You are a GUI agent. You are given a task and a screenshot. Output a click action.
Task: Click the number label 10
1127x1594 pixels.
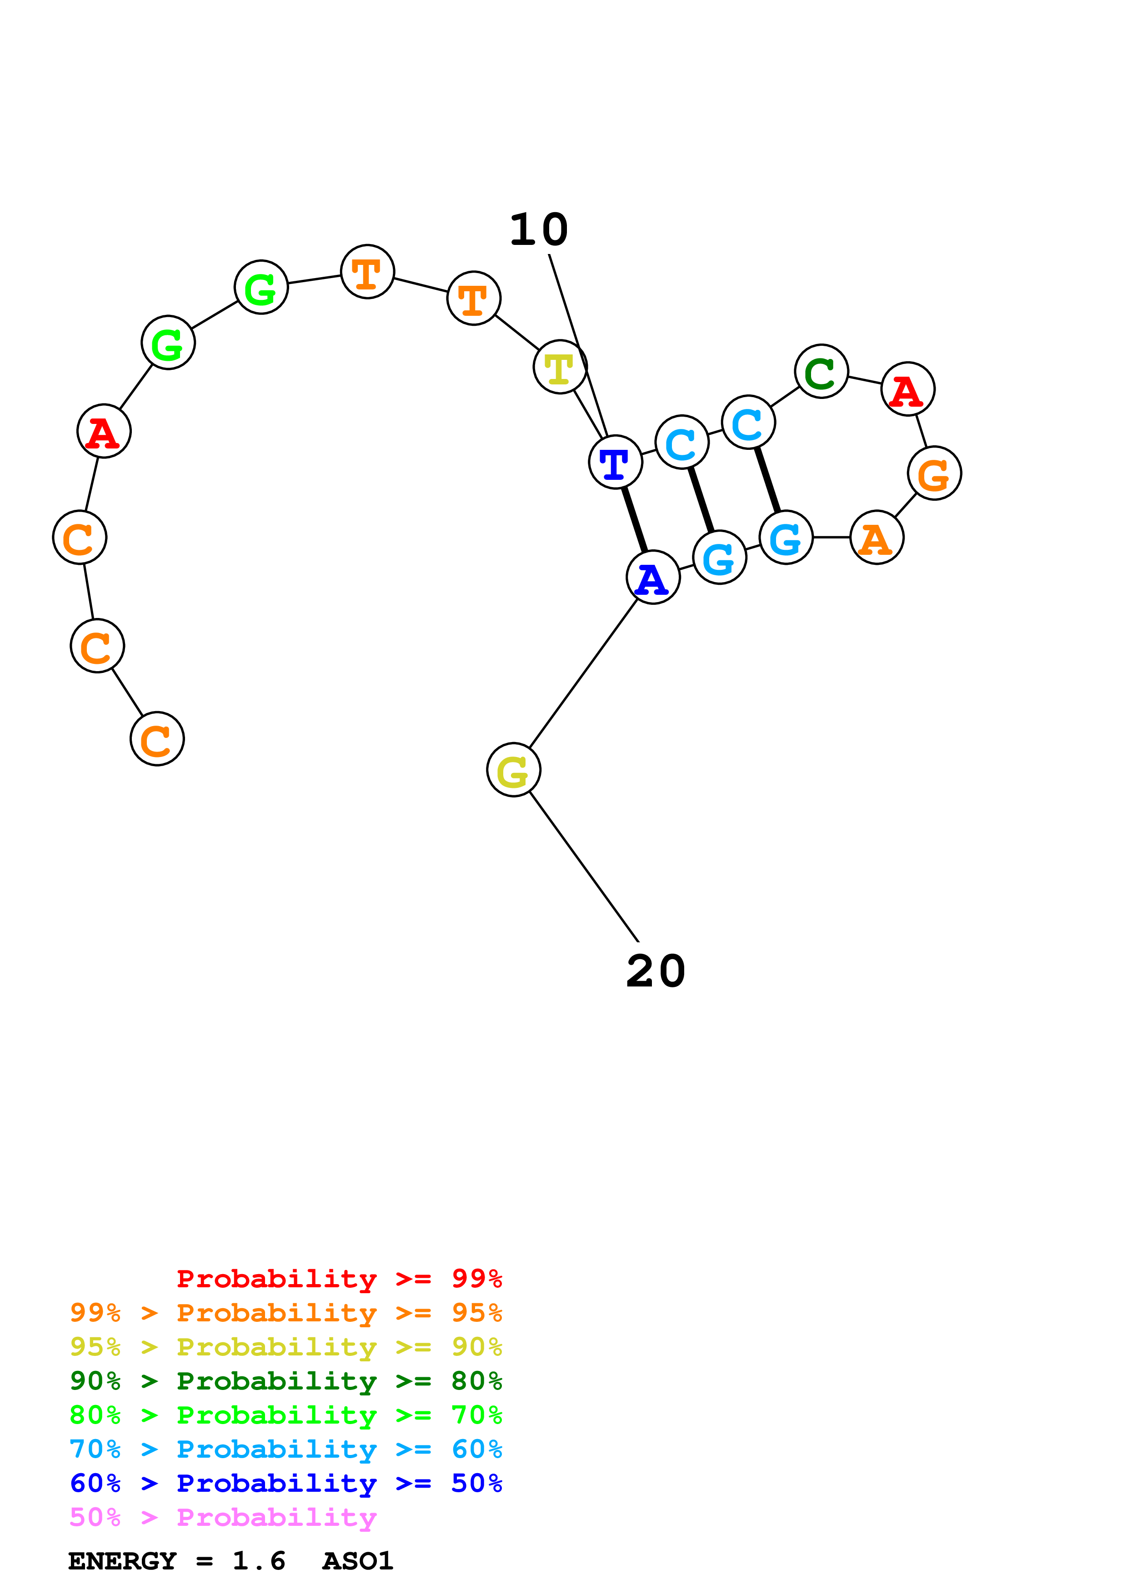539,230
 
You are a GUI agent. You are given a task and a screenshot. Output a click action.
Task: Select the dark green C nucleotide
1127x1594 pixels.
821,371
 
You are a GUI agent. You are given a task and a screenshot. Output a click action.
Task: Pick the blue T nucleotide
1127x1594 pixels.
615,462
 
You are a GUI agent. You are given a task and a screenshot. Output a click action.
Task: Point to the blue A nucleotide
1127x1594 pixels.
653,577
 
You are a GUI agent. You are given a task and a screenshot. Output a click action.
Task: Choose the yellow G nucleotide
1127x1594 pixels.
514,769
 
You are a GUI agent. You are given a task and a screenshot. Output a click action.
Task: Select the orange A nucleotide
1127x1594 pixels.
877,538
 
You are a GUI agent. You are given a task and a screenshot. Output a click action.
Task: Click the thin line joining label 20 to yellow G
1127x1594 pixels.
584,867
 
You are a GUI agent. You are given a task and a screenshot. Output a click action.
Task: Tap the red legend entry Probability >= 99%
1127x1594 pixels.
340,1279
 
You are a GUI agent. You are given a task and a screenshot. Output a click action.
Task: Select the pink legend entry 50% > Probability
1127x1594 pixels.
223,1518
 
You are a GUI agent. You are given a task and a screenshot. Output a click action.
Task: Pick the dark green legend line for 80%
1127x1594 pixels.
286,1381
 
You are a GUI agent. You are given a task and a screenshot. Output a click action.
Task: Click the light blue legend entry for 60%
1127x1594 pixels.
286,1449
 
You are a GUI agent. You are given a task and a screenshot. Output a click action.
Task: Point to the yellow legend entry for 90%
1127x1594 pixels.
286,1347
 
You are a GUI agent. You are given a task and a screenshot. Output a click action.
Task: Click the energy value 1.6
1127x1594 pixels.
259,1561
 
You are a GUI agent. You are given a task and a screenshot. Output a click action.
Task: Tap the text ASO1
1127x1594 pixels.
358,1561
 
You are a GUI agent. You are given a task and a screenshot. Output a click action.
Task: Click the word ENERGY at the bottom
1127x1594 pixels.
122,1561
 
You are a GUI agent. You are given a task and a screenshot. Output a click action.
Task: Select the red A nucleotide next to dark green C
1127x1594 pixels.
907,389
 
